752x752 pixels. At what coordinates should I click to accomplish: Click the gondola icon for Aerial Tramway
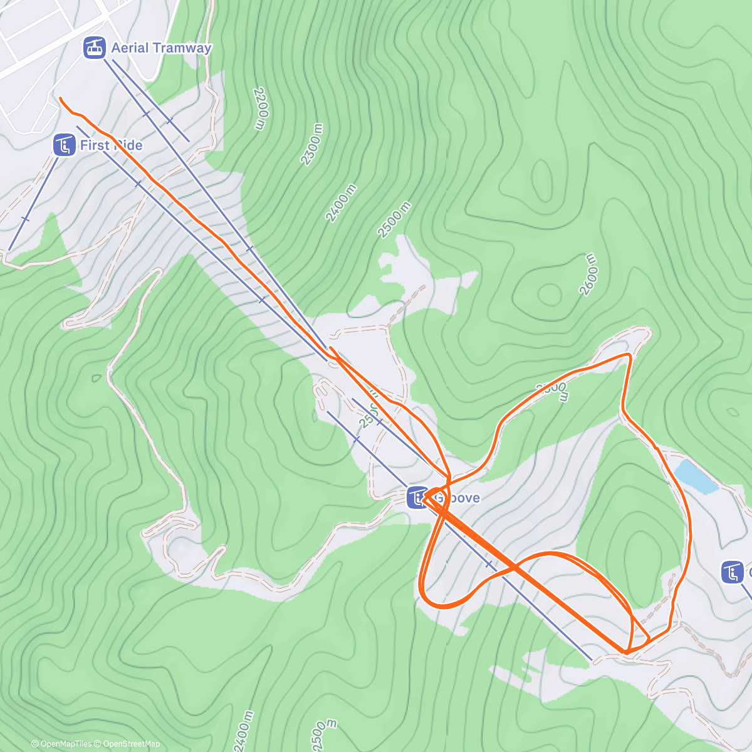point(95,48)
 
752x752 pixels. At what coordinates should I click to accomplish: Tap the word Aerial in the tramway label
point(130,48)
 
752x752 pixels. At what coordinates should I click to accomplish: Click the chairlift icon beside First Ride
point(64,145)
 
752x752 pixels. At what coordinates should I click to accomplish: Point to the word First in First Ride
point(94,145)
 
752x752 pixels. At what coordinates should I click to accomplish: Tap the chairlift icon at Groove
point(417,498)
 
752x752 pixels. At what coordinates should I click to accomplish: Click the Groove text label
point(457,498)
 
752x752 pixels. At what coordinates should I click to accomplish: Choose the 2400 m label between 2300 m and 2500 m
point(342,203)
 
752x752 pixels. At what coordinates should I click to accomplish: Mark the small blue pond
point(695,476)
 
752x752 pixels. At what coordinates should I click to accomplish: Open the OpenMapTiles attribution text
point(61,744)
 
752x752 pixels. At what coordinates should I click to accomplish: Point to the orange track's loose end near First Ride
point(60,98)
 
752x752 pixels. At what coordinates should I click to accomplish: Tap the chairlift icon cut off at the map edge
point(731,572)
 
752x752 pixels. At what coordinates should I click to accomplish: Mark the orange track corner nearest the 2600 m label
point(629,355)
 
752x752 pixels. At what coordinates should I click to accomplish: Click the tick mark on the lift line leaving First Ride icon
point(25,219)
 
